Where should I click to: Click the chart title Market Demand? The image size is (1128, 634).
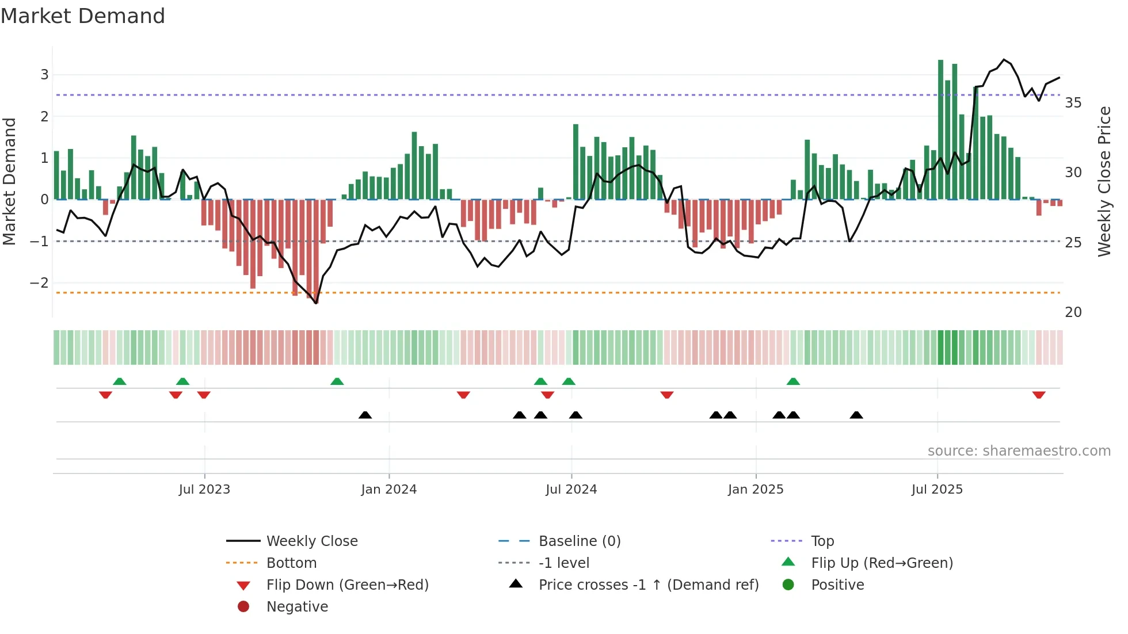(83, 16)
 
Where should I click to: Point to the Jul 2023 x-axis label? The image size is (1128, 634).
(204, 490)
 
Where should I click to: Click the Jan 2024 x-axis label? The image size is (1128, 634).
(388, 490)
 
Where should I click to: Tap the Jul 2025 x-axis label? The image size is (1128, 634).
(937, 490)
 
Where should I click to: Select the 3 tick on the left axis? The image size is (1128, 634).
(44, 74)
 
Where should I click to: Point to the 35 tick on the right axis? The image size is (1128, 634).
(1073, 103)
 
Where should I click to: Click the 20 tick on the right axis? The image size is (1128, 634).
(1073, 312)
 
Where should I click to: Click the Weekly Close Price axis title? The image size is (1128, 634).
(1104, 181)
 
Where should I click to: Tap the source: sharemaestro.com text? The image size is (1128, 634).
(1019, 450)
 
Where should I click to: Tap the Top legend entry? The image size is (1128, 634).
(822, 541)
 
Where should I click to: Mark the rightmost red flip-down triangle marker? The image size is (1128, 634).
(1039, 395)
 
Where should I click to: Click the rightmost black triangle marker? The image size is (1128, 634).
(856, 415)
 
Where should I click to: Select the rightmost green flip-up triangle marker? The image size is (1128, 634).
(793, 381)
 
